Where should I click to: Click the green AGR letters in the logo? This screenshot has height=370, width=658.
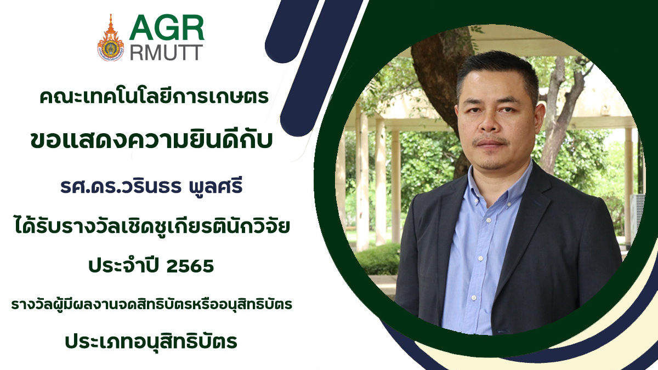pyautogui.click(x=167, y=27)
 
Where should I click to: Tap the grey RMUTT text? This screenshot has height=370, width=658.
pyautogui.click(x=166, y=53)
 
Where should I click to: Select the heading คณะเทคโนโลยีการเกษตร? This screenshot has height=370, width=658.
pyautogui.click(x=154, y=96)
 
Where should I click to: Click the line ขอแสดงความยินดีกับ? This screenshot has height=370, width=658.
pyautogui.click(x=151, y=139)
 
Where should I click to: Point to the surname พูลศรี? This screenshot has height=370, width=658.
pyautogui.click(x=214, y=186)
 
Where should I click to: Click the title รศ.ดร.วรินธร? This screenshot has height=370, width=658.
pyautogui.click(x=121, y=186)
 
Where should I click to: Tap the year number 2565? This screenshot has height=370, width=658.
pyautogui.click(x=190, y=266)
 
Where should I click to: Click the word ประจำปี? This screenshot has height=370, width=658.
pyautogui.click(x=124, y=265)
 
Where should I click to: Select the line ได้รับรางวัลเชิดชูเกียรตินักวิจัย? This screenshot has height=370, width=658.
pyautogui.click(x=152, y=226)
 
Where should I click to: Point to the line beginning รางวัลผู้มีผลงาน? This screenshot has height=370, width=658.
pyautogui.click(x=151, y=305)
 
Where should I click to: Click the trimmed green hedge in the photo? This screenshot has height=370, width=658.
pyautogui.click(x=377, y=259)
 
